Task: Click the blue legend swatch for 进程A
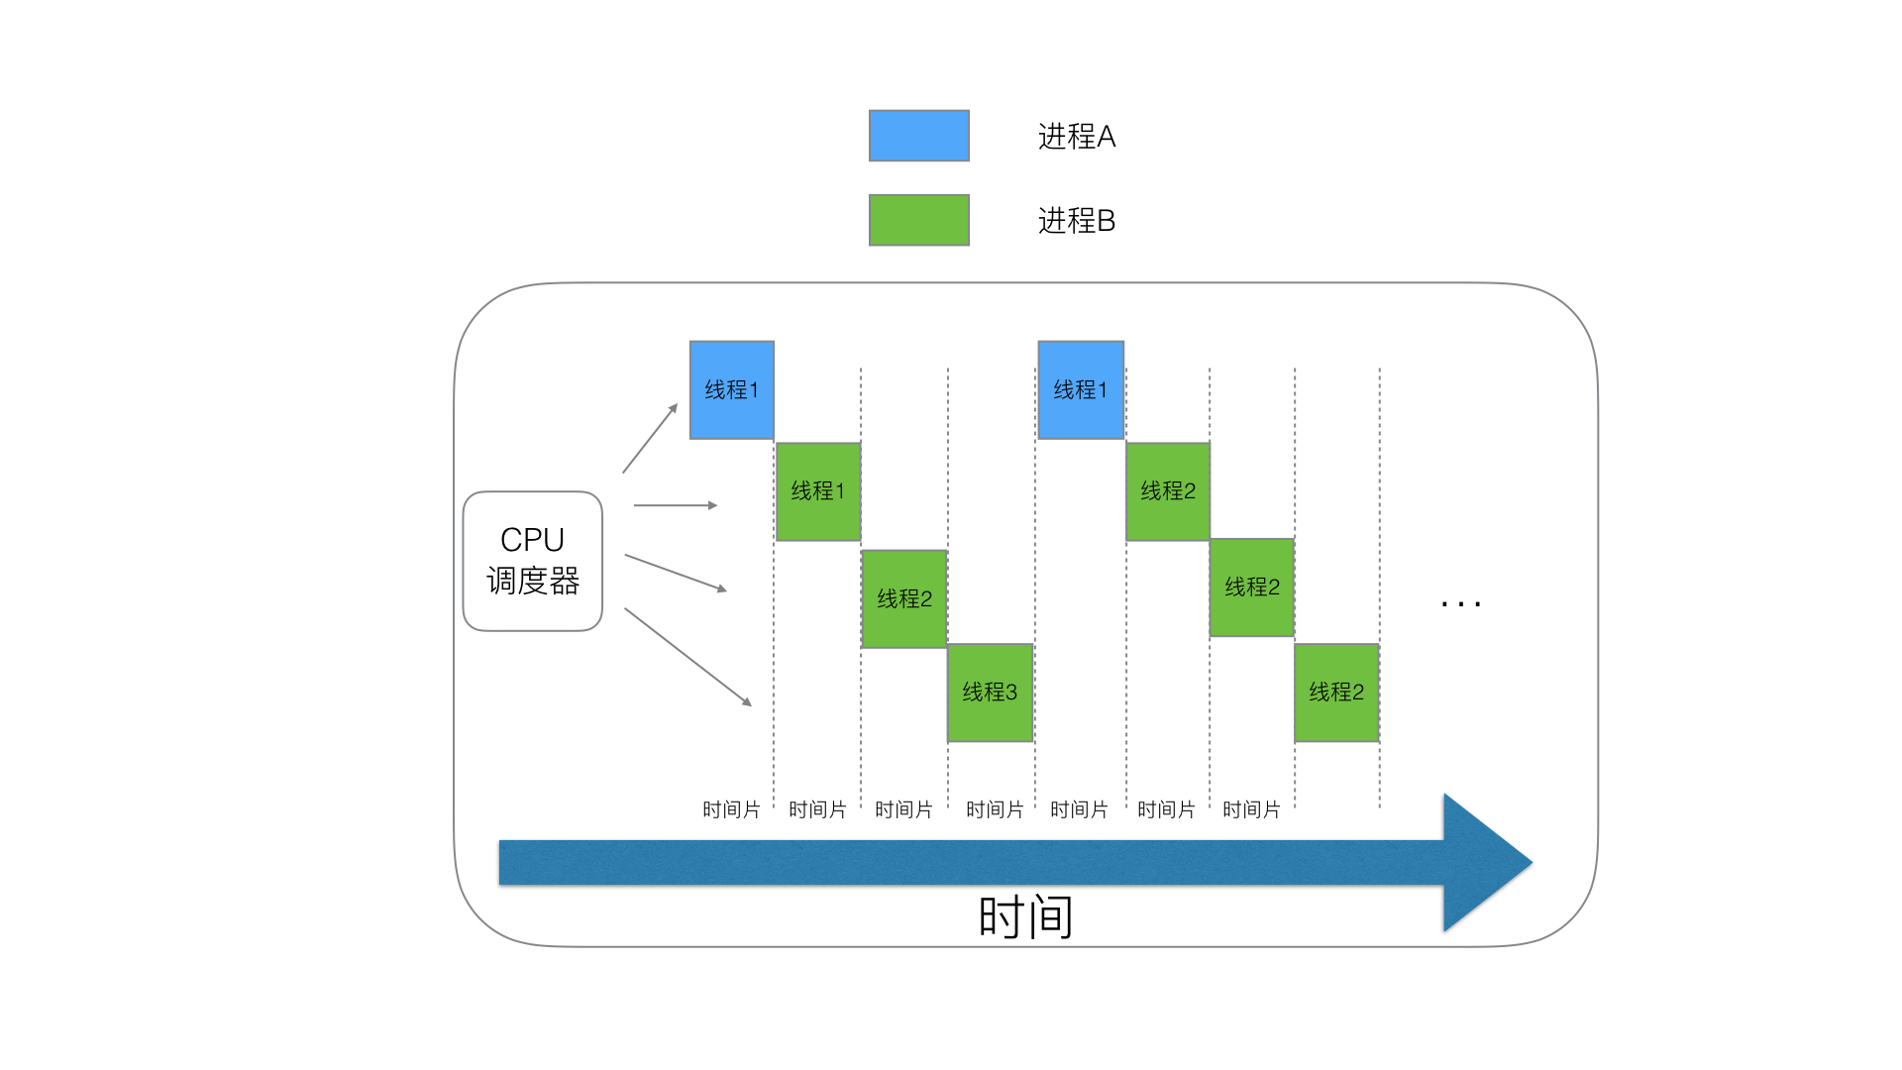(x=919, y=136)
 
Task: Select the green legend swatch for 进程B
(x=919, y=220)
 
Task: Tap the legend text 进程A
(x=1077, y=137)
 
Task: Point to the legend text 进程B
(x=1077, y=221)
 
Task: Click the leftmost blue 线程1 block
(x=732, y=390)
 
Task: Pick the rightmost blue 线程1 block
(x=1081, y=390)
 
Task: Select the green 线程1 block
(x=818, y=491)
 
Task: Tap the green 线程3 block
(x=991, y=693)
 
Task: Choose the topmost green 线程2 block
(x=1168, y=491)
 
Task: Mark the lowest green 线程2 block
(x=1336, y=693)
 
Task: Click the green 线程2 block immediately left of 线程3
(x=904, y=599)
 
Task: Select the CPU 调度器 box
(x=533, y=561)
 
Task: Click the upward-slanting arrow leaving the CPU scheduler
(x=650, y=438)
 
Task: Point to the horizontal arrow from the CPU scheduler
(x=676, y=505)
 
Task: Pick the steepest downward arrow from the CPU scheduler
(x=688, y=657)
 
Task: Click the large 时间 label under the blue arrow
(x=1025, y=916)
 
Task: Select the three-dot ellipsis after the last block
(x=1461, y=602)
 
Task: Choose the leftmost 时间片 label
(x=731, y=810)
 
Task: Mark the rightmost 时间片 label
(x=1251, y=810)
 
